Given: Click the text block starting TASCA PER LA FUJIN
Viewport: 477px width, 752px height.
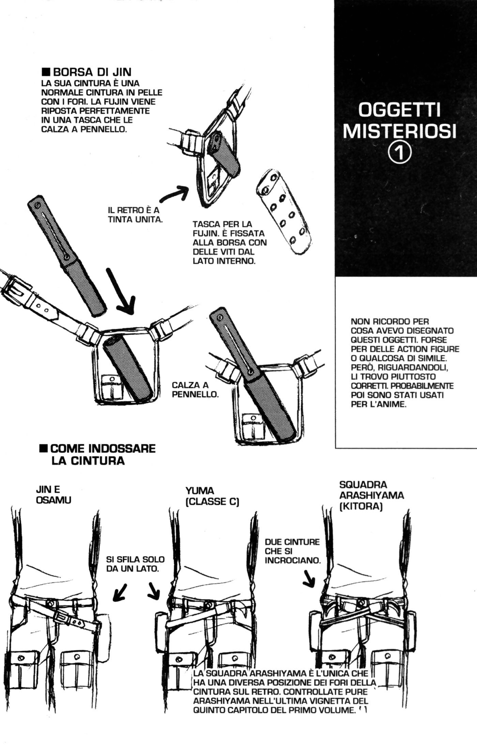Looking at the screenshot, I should [x=229, y=242].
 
